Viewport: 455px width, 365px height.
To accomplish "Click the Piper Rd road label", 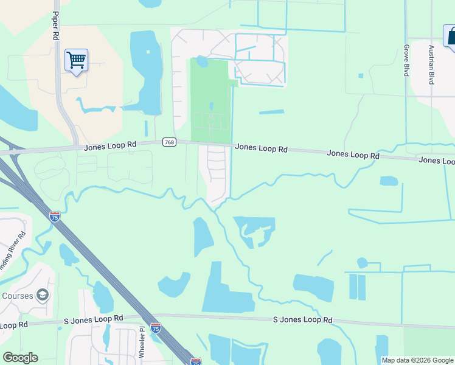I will click(x=55, y=26).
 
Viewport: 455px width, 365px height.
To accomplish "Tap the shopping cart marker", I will click(x=76, y=60).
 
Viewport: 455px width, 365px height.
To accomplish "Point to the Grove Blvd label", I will click(x=406, y=60).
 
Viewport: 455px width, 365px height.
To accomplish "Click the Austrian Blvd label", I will click(x=431, y=64).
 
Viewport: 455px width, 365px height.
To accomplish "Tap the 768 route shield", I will click(x=169, y=142).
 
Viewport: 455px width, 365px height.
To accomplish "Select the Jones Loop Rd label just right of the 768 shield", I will click(x=261, y=148).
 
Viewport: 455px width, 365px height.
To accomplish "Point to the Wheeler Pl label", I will click(x=142, y=341).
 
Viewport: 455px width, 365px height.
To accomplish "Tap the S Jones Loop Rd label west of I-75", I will click(x=94, y=319).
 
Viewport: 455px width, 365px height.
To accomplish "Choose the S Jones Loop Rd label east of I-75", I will click(x=302, y=319).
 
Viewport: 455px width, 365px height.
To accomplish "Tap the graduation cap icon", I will click(x=43, y=296).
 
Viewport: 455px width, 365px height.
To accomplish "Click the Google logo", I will click(x=20, y=358).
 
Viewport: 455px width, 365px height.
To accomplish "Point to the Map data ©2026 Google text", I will click(x=417, y=360).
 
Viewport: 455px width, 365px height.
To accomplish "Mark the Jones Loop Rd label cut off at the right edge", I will click(x=436, y=160).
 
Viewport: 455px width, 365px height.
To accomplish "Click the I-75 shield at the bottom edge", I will click(x=196, y=362).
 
